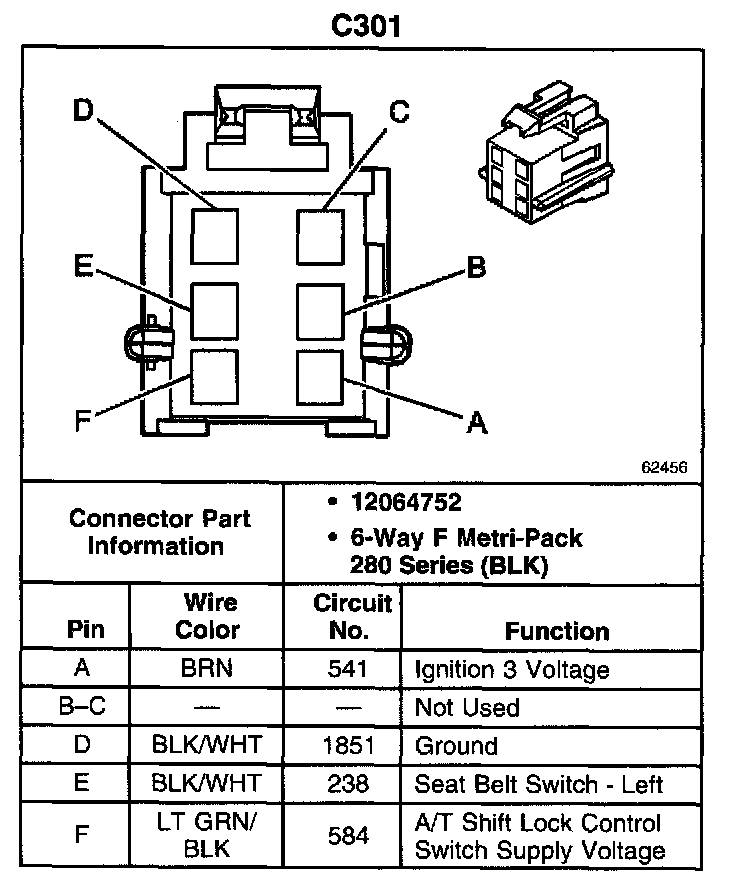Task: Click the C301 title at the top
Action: (366, 25)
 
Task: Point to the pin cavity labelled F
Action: (215, 375)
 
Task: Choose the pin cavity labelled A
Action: (320, 375)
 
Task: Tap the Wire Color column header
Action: (208, 617)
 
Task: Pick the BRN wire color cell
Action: (208, 669)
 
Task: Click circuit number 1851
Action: (348, 746)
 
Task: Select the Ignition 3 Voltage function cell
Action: (511, 669)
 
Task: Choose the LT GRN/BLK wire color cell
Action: (208, 836)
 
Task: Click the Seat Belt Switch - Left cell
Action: (538, 784)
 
